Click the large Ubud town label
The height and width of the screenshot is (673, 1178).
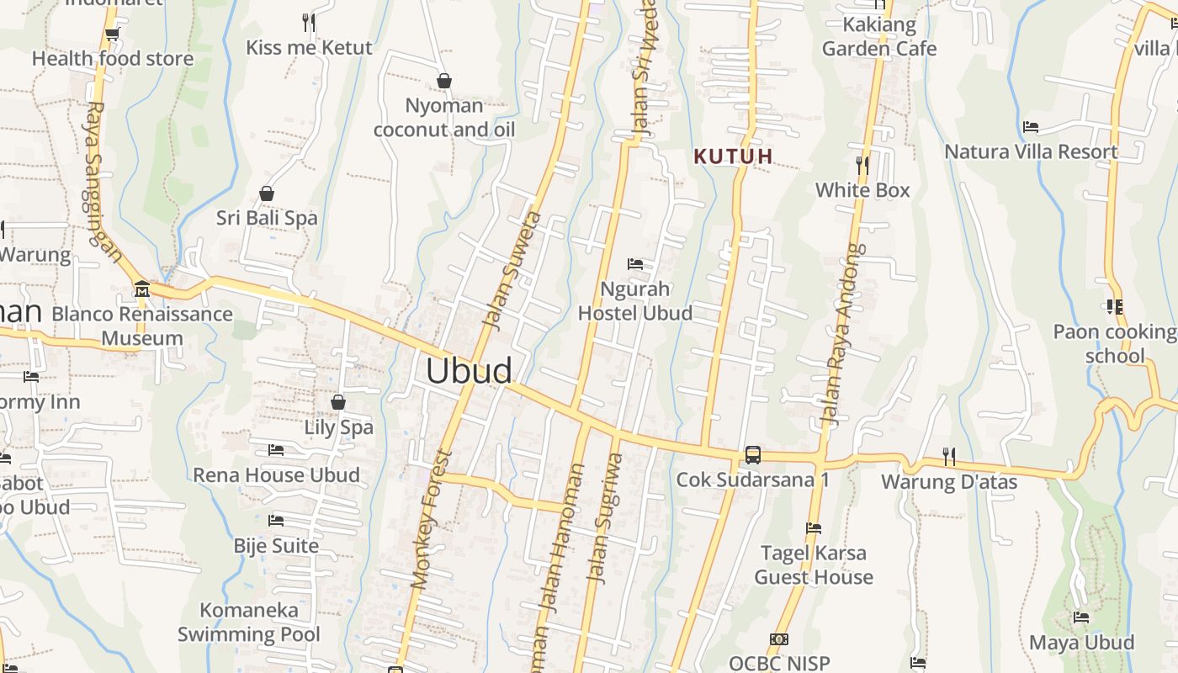tap(469, 371)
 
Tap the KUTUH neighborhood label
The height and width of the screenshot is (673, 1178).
tap(733, 156)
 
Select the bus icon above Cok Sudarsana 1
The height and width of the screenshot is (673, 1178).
tap(753, 455)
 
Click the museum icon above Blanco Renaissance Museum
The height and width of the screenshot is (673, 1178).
tap(142, 290)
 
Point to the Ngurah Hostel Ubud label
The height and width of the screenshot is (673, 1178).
tap(635, 301)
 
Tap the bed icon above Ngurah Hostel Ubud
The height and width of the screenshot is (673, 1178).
tap(635, 265)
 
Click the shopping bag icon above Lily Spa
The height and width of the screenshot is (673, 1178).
tap(338, 403)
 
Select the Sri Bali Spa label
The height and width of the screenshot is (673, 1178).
tap(267, 218)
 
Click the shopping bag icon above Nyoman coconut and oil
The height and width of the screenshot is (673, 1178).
tap(444, 81)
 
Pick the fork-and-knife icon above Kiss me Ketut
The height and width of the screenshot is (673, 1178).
tap(309, 23)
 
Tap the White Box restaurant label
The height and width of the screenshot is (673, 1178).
tap(862, 190)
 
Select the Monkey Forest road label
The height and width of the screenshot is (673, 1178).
tap(432, 519)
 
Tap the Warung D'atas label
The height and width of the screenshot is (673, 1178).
tap(949, 482)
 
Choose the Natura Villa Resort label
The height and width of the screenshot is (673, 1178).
tap(1031, 152)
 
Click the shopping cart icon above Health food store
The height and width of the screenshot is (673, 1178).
tap(112, 34)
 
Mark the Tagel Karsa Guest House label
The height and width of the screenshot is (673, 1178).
tap(813, 565)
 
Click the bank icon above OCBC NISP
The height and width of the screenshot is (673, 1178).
tap(779, 639)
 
